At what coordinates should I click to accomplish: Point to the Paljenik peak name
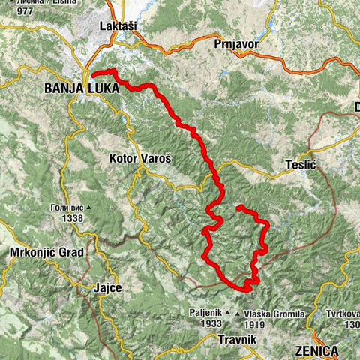[205, 313]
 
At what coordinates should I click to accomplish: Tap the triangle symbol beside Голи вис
[88, 208]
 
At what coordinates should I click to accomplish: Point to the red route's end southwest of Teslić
[238, 207]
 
